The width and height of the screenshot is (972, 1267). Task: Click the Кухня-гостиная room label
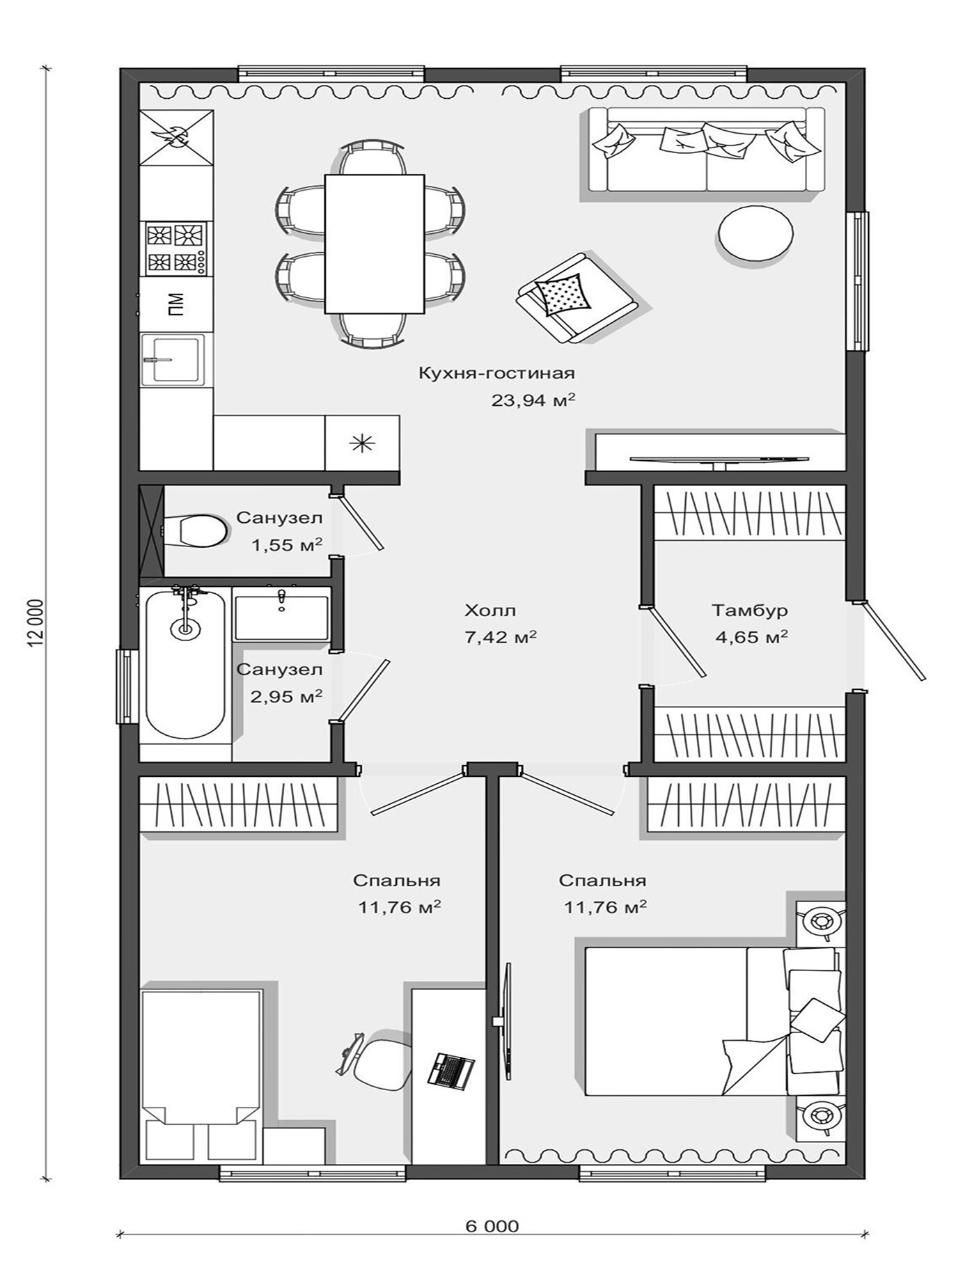496,373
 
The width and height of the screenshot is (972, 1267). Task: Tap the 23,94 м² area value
533,400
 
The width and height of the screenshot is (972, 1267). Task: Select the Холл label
490,611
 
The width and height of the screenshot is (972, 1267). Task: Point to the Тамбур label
750,611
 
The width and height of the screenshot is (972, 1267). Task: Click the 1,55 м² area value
287,544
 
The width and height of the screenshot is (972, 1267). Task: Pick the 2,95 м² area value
287,696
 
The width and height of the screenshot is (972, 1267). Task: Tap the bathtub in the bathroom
185,663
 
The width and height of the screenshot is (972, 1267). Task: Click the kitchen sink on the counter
173,359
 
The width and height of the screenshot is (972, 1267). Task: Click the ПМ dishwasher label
176,304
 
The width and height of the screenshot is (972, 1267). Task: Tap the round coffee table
755,234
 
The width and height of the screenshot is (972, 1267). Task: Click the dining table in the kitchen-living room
375,244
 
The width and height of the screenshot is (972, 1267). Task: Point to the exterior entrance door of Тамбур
895,640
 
